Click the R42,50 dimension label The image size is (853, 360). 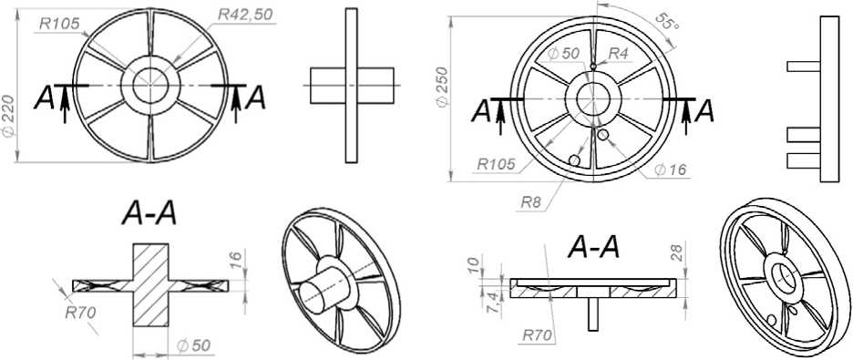pos(246,15)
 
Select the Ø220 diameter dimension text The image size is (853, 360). pos(8,121)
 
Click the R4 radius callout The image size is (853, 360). pos(618,54)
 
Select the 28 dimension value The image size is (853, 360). pos(677,252)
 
